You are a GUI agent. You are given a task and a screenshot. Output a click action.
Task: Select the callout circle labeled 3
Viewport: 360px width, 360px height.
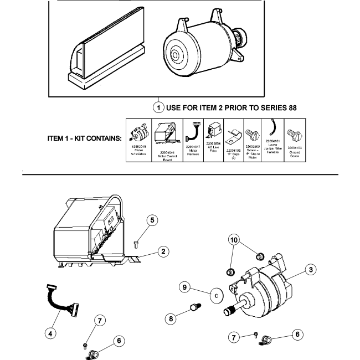[312, 269]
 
